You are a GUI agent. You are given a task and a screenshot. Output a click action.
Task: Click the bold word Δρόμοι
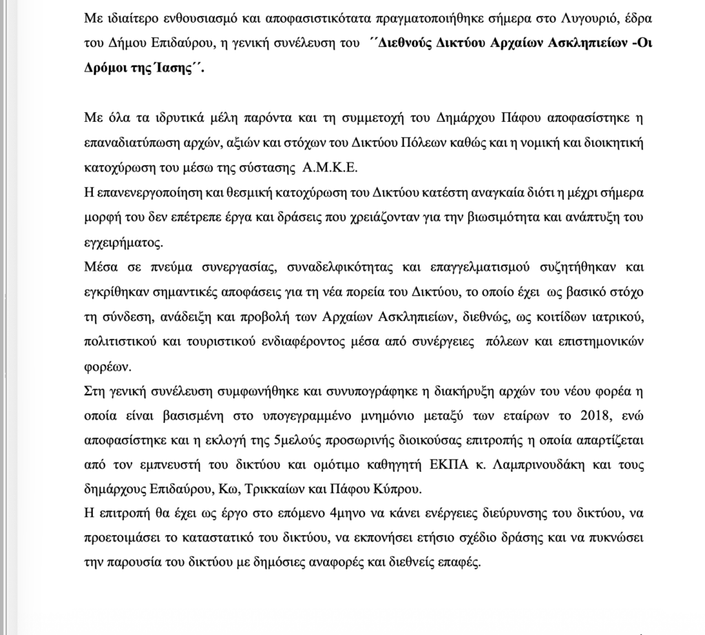click(x=101, y=69)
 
